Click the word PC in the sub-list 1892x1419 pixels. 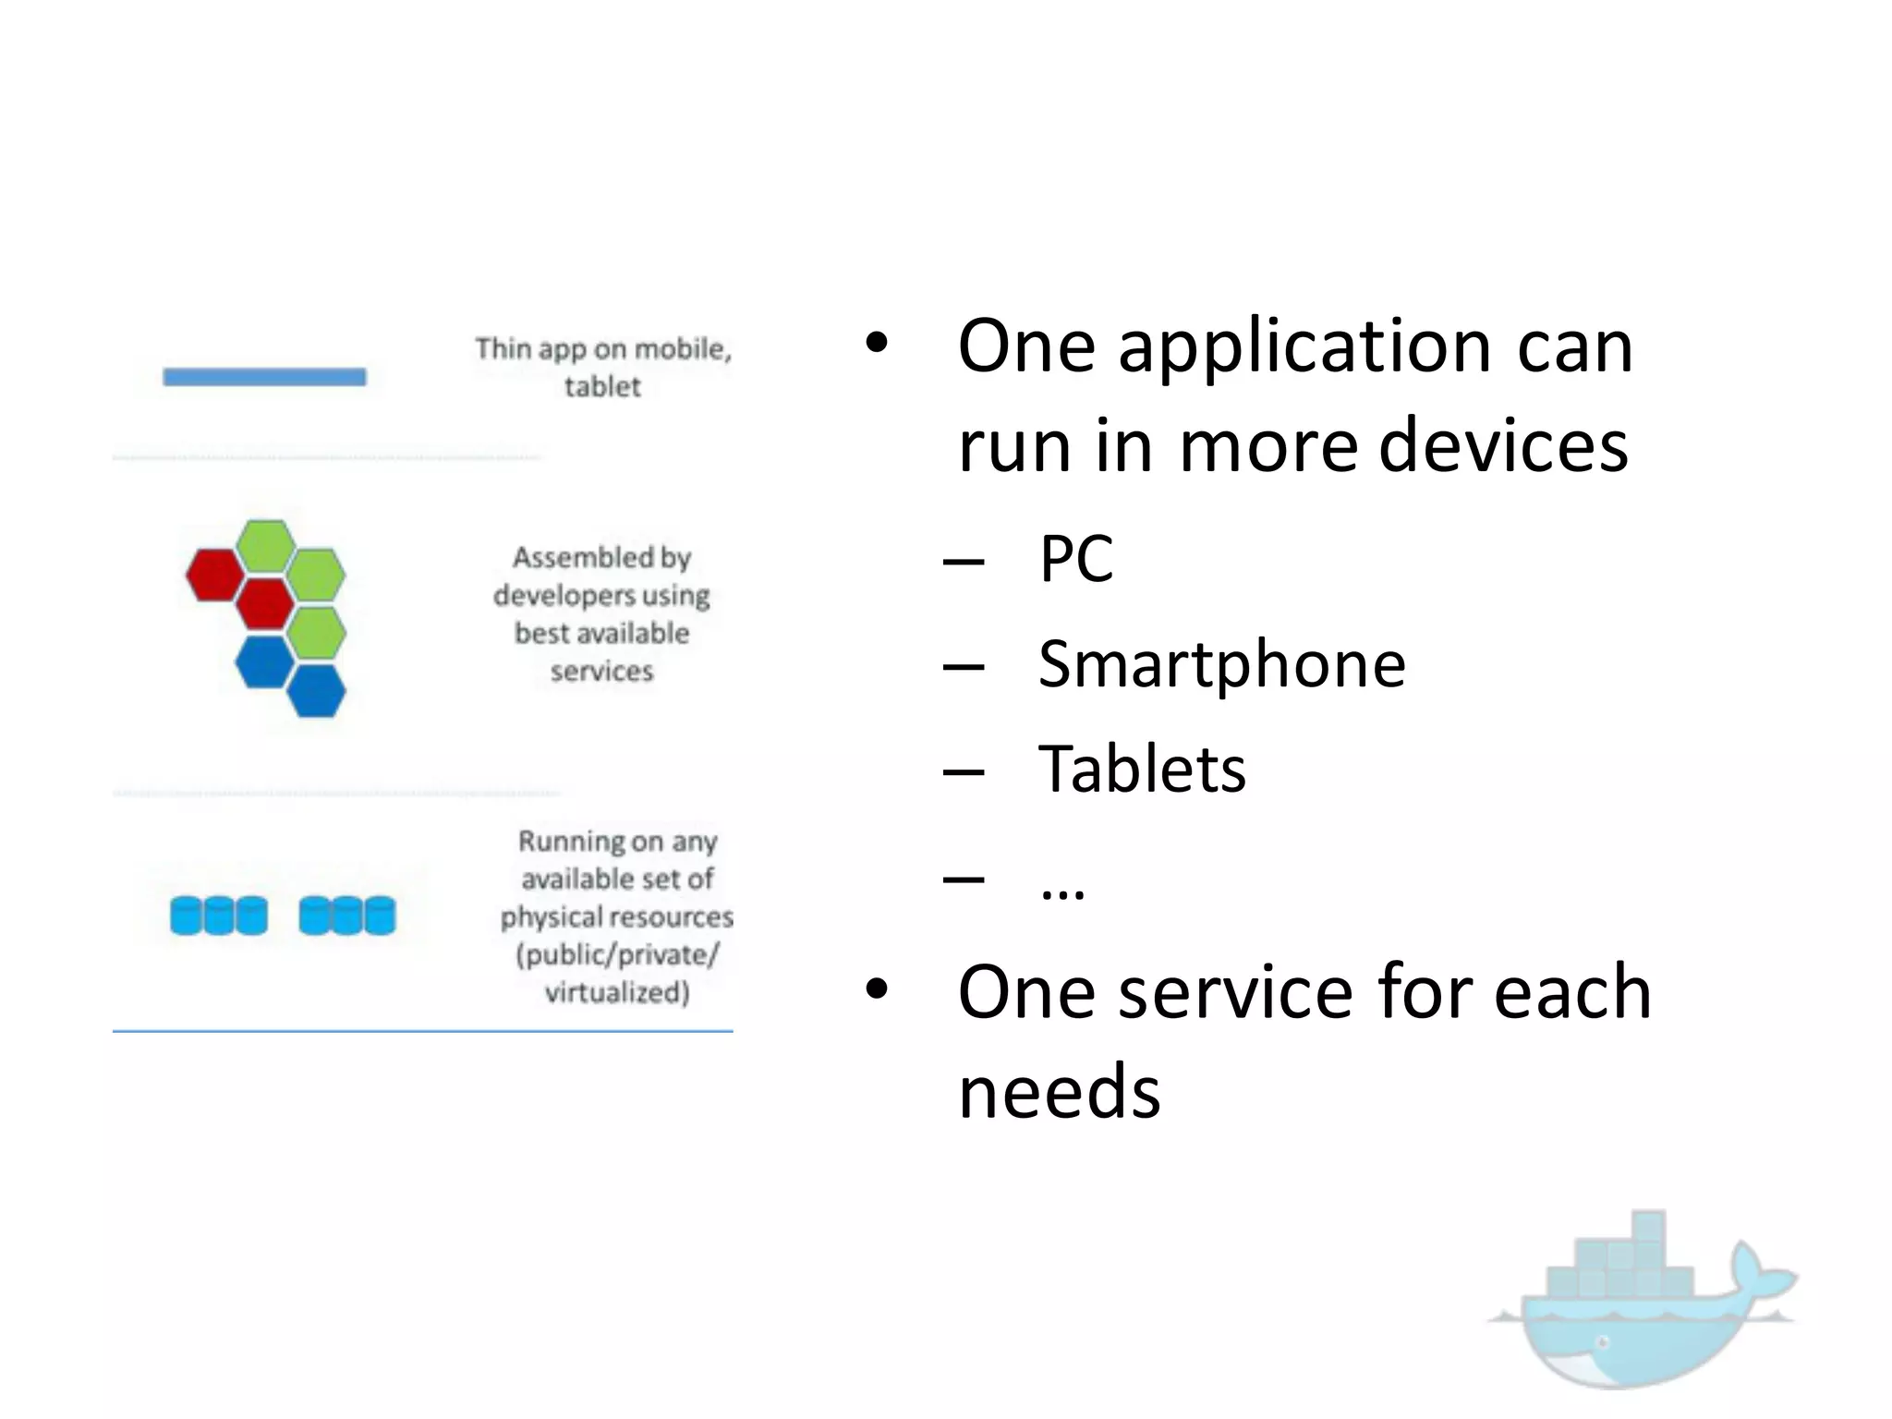(x=1076, y=559)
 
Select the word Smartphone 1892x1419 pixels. (x=1221, y=665)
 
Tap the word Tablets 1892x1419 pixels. (x=1142, y=770)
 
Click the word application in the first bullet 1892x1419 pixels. (x=1304, y=347)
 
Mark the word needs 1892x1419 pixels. (x=1059, y=1092)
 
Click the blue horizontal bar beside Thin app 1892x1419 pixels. (x=264, y=377)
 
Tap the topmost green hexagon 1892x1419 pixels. (x=265, y=545)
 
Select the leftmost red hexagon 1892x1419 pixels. (x=214, y=575)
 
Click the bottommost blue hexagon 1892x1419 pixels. (x=316, y=690)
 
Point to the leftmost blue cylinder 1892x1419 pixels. (x=187, y=916)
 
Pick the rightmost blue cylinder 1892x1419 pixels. (x=379, y=916)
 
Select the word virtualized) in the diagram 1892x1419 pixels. (x=617, y=993)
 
